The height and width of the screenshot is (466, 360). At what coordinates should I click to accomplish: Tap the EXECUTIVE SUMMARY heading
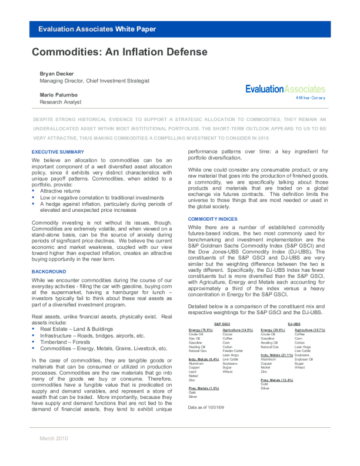click(58, 152)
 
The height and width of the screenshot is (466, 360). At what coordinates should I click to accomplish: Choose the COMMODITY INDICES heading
click(212, 219)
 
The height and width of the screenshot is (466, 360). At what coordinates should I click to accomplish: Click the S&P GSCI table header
click(221, 324)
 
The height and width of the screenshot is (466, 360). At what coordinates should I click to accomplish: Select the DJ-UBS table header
click(294, 324)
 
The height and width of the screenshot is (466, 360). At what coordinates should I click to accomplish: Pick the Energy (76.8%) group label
click(201, 330)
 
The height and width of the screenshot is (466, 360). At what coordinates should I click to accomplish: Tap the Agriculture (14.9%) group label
click(238, 330)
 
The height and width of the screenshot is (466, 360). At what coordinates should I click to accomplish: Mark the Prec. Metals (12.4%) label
click(276, 380)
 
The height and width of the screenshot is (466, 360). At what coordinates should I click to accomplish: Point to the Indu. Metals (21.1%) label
click(277, 355)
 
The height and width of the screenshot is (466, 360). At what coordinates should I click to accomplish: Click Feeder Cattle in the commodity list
click(233, 351)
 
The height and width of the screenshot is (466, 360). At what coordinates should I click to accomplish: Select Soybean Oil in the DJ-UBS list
click(304, 359)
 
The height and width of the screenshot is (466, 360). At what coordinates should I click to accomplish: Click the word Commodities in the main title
click(65, 52)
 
